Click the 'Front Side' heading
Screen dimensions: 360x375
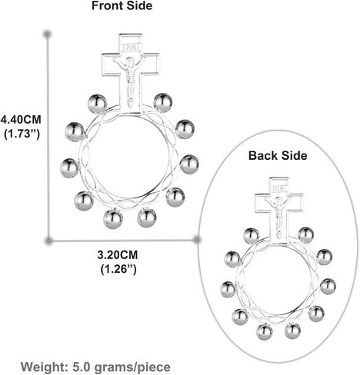[x=122, y=5]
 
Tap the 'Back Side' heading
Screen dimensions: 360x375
[x=278, y=156]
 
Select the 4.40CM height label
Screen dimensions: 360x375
[x=21, y=119]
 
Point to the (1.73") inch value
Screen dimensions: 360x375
[x=22, y=134]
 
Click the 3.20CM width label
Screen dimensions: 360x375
[x=118, y=255]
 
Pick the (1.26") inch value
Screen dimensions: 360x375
[x=118, y=269]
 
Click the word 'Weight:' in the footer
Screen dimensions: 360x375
[x=44, y=367]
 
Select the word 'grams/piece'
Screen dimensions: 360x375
[x=132, y=367]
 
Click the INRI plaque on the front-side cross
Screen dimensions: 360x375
[x=131, y=48]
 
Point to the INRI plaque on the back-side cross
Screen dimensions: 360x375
[x=279, y=189]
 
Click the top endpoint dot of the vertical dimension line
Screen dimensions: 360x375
[x=48, y=34]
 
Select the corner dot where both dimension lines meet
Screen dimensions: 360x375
[x=48, y=241]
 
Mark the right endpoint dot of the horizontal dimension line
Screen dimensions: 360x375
[x=197, y=240]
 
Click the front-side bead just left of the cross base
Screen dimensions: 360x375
[x=97, y=104]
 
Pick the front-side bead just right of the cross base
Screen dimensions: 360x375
[x=163, y=103]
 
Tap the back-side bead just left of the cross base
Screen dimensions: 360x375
[x=251, y=236]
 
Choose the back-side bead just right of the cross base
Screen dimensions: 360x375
[x=306, y=235]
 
